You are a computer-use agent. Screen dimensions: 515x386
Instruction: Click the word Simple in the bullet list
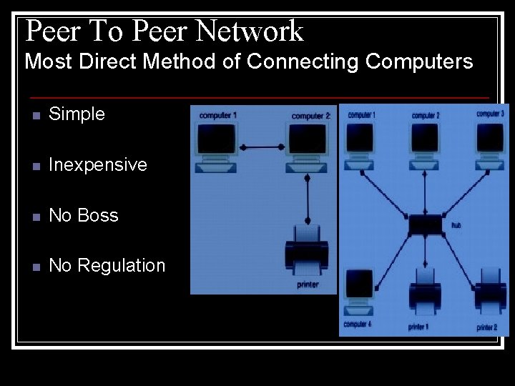(77, 114)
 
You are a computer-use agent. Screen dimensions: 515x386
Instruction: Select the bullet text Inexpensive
(98, 165)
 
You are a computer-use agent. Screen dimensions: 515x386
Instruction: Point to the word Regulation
(121, 266)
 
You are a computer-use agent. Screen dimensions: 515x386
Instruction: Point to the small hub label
(456, 226)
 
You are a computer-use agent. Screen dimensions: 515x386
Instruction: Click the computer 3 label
(491, 114)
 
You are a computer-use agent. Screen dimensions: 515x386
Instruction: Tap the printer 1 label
(418, 327)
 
